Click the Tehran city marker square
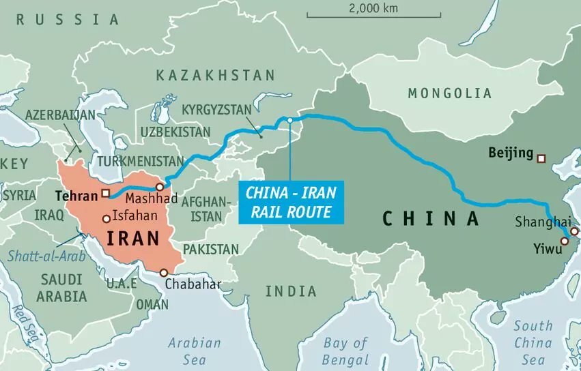pos(105,193)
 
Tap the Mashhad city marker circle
pos(159,187)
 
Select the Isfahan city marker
pos(106,219)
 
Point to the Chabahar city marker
pos(163,273)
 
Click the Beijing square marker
pos(541,159)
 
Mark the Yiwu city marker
pos(566,239)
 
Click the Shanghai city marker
pos(573,232)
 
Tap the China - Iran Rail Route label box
pos(292,202)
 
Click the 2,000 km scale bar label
pos(372,9)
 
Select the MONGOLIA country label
pos(449,93)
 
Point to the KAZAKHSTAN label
pos(215,75)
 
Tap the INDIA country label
pos(291,291)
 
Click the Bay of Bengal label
pos(346,351)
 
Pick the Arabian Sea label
pos(195,351)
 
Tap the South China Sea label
pos(533,342)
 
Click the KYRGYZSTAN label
pos(216,109)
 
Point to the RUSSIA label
pos(68,19)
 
